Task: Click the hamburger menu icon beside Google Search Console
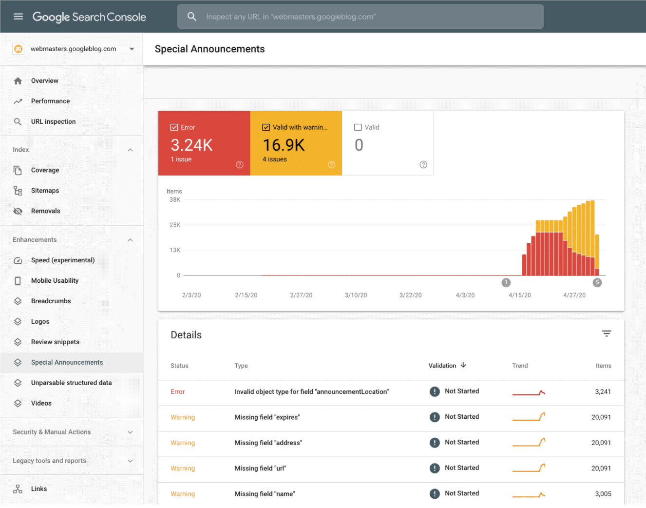click(x=18, y=17)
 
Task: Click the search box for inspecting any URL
click(x=361, y=17)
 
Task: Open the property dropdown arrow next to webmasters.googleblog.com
click(x=132, y=49)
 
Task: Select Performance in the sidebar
click(x=50, y=101)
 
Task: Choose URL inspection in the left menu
click(x=53, y=122)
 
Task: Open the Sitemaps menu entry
click(x=45, y=191)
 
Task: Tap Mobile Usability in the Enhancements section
click(x=55, y=281)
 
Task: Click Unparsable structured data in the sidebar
click(x=71, y=383)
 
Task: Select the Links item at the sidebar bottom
click(x=39, y=489)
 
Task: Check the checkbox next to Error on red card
click(x=174, y=127)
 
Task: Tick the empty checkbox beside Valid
click(x=358, y=127)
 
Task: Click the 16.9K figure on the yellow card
click(x=284, y=145)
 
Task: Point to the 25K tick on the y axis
click(x=175, y=225)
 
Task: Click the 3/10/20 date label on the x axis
click(x=356, y=295)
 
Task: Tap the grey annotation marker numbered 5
click(x=597, y=283)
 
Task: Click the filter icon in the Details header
click(x=606, y=334)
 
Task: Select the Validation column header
click(x=442, y=366)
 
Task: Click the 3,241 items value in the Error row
click(x=603, y=392)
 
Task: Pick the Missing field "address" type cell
click(x=268, y=443)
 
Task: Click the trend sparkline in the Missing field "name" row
click(x=529, y=494)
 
